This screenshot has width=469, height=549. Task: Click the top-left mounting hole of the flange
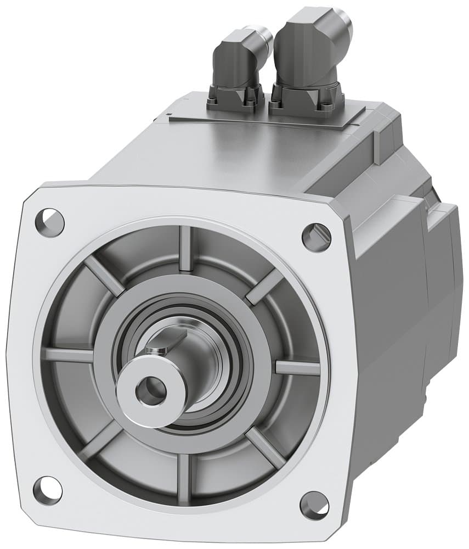pyautogui.click(x=50, y=222)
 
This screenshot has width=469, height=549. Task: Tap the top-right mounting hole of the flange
pyautogui.click(x=317, y=237)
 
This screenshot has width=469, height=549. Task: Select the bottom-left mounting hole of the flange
pyautogui.click(x=48, y=490)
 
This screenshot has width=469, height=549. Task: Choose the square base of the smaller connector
pyautogui.click(x=233, y=99)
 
